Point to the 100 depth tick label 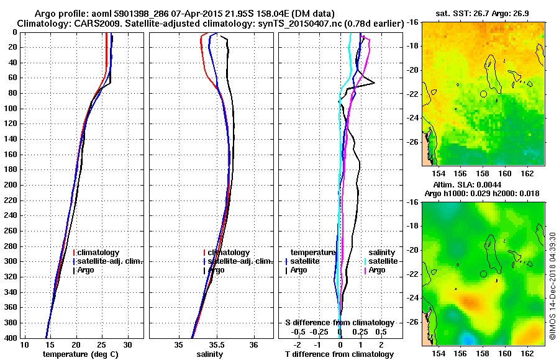coord(11,109)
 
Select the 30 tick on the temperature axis coord(128,345)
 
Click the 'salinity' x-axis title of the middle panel coord(209,354)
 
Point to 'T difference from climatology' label coord(339,354)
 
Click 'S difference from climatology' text coord(339,323)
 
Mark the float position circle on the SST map coord(483,94)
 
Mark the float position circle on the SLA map coord(483,274)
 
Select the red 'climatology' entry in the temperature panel coord(102,253)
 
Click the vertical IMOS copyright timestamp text coord(553,287)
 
